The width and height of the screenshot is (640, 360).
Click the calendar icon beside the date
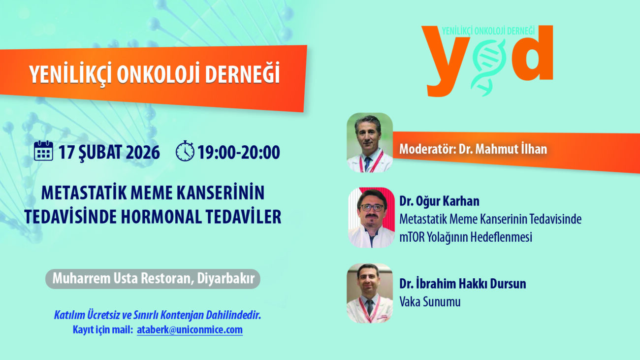(43, 151)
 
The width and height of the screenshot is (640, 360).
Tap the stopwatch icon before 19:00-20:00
(185, 151)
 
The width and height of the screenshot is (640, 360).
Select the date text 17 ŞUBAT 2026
(109, 152)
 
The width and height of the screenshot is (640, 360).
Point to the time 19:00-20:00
(239, 152)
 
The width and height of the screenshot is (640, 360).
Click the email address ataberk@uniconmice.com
(190, 330)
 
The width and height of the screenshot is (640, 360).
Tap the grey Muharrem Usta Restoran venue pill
(153, 279)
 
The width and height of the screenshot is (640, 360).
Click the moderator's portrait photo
(370, 142)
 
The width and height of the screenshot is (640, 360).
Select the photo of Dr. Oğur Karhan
(371, 218)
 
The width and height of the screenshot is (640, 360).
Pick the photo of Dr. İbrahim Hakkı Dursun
(370, 293)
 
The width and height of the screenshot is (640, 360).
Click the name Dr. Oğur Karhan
(439, 201)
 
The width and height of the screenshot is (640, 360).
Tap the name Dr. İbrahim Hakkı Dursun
(463, 284)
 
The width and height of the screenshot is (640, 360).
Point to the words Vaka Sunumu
(430, 302)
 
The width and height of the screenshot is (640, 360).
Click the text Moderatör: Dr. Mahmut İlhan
(473, 149)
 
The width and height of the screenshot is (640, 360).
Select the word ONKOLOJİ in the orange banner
(158, 74)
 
